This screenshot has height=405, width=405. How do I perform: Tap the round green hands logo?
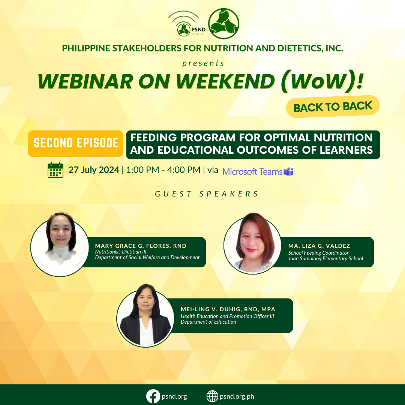[223, 24]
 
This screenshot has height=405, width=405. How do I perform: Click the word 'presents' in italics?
[203, 63]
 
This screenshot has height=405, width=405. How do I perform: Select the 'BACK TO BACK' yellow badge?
[333, 106]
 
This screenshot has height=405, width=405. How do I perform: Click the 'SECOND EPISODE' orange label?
[76, 143]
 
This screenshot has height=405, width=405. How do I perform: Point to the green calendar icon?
[55, 170]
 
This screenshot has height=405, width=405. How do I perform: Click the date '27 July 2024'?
[94, 170]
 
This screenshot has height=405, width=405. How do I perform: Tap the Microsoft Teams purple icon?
[288, 172]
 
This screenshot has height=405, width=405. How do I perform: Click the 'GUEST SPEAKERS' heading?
[207, 194]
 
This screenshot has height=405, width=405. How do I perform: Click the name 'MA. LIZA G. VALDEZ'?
[319, 246]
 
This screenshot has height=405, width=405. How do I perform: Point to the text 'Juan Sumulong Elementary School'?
[325, 258]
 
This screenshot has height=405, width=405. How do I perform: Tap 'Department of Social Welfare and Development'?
[147, 257]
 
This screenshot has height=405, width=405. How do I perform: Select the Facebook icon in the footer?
[153, 396]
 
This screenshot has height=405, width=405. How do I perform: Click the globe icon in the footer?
[212, 396]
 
